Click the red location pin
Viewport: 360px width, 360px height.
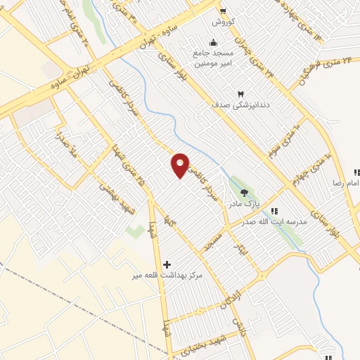pyautogui.click(x=181, y=166)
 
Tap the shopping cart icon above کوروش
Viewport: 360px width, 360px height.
pyautogui.click(x=222, y=11)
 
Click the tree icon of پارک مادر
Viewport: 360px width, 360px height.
pyautogui.click(x=244, y=192)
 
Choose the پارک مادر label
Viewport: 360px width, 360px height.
pyautogui.click(x=243, y=204)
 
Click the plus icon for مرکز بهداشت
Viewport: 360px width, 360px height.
pyautogui.click(x=167, y=264)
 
